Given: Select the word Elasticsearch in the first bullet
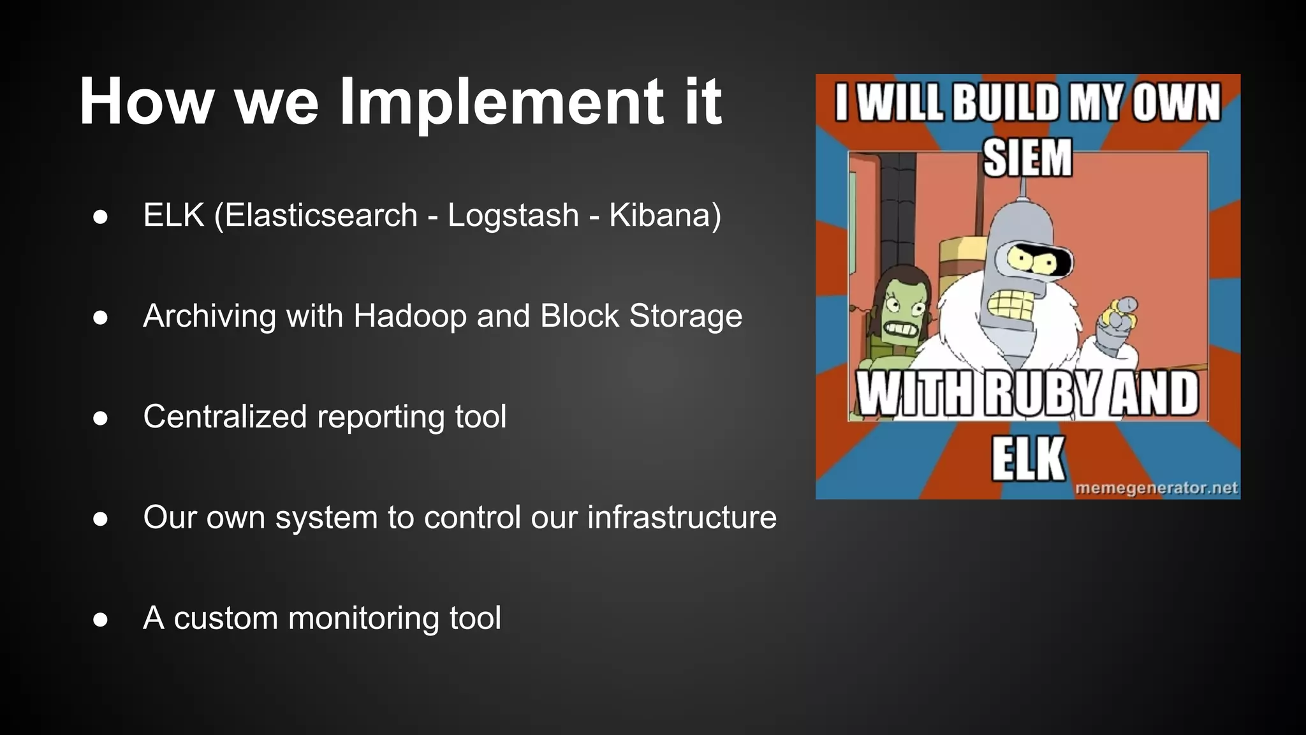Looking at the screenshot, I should (x=321, y=215).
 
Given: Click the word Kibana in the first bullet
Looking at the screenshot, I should (x=659, y=215).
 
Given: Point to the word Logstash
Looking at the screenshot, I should (x=513, y=215).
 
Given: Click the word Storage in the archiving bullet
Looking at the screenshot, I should (x=686, y=316).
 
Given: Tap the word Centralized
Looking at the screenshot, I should (x=225, y=417).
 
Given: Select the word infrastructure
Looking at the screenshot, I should (x=682, y=517).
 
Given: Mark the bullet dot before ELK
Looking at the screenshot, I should (x=100, y=216).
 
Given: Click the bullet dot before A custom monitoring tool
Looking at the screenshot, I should (x=100, y=620).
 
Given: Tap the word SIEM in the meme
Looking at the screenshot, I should (x=1027, y=158).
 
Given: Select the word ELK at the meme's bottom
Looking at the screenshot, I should (x=1027, y=458).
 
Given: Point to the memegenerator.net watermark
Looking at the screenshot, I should (x=1156, y=489).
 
